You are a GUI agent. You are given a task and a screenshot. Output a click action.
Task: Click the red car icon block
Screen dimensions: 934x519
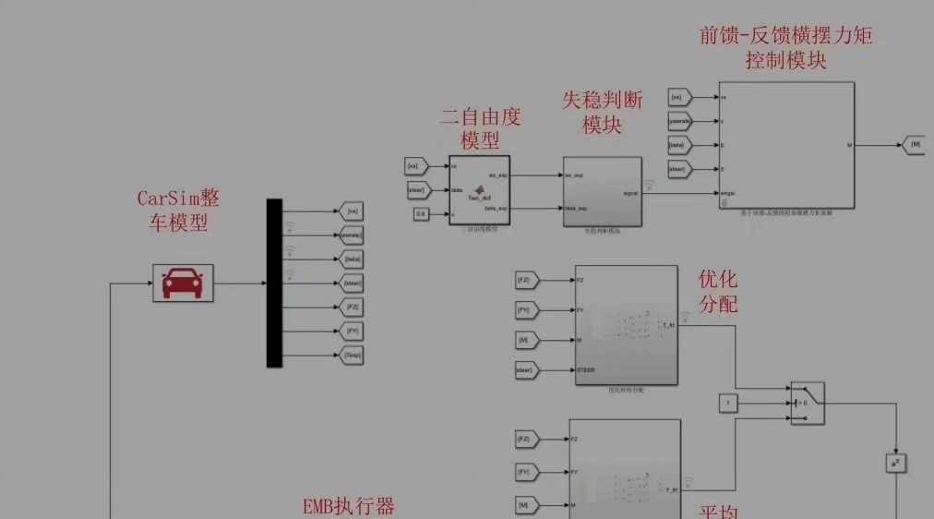pos(183,283)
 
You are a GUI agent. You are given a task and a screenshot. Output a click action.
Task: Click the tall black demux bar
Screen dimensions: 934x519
pos(274,283)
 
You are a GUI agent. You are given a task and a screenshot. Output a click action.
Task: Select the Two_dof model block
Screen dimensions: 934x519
pos(479,190)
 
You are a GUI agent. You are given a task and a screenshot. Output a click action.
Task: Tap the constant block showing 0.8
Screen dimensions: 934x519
pos(420,214)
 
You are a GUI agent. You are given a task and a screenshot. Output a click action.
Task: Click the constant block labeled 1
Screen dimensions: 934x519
pos(728,403)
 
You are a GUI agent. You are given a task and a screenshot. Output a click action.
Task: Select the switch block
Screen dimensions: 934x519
pos(807,404)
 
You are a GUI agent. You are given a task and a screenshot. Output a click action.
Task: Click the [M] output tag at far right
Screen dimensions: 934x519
pos(913,145)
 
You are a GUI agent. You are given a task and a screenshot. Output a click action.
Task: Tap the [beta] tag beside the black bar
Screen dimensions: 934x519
pos(352,259)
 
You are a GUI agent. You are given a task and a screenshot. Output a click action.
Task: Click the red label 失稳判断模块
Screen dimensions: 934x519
pos(603,113)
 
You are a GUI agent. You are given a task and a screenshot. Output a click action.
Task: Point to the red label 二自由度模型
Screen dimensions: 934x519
pos(481,128)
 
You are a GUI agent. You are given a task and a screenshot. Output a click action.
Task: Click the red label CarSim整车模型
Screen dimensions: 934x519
pos(179,211)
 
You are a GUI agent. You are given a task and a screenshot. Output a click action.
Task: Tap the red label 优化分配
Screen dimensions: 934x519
pos(718,292)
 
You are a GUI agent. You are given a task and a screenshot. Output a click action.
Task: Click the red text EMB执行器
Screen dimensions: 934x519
pos(349,507)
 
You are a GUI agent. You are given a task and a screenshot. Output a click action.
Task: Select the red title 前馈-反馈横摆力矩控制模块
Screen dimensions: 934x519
pos(786,48)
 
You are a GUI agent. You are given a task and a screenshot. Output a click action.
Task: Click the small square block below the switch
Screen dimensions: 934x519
pos(895,462)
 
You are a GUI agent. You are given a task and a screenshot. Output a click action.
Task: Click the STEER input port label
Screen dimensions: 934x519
pos(585,370)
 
